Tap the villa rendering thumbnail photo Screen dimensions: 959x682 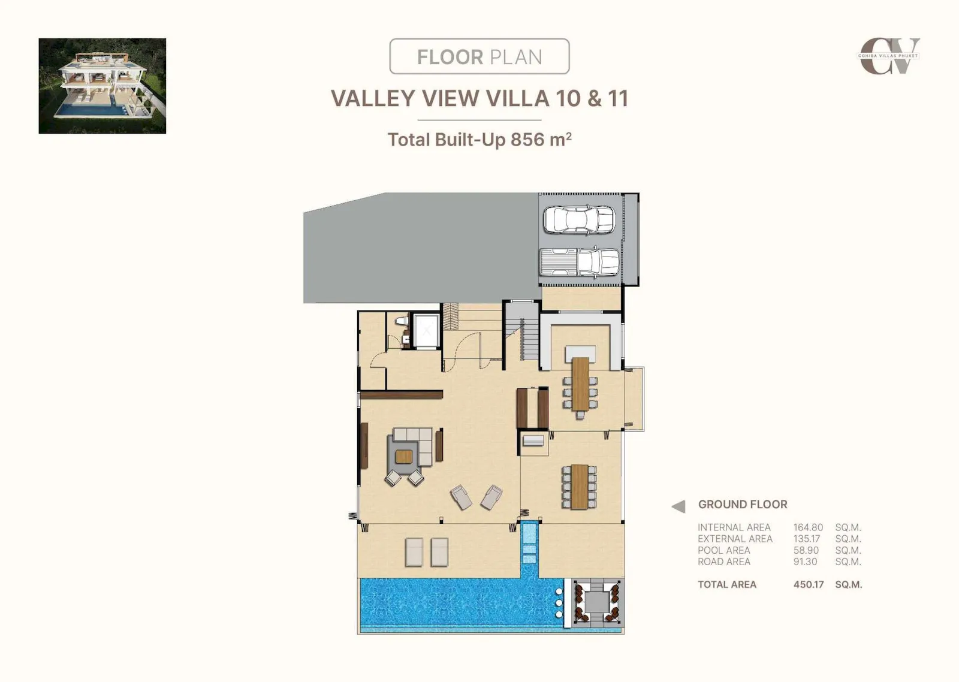coord(102,86)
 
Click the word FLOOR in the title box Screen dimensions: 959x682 coord(450,57)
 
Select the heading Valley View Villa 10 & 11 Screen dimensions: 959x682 coord(479,98)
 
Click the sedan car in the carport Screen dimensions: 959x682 coord(579,219)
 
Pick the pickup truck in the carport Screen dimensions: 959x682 coord(579,261)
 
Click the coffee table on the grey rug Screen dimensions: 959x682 coord(404,457)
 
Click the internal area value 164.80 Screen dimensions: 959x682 coord(809,527)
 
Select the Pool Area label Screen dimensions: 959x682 coord(724,550)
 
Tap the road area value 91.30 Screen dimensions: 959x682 coord(806,562)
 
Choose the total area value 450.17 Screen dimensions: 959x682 coord(809,585)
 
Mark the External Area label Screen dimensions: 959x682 coord(735,539)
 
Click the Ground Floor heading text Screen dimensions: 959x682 coord(743,505)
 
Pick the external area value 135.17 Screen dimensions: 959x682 coord(807,539)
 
